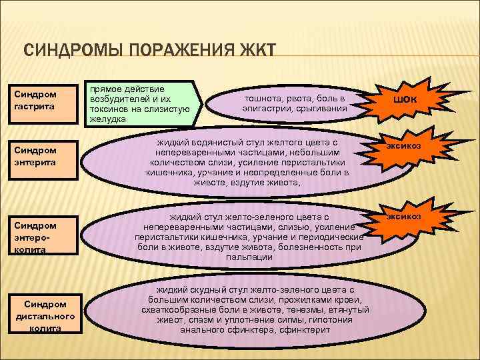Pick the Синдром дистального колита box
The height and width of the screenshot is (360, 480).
(x=48, y=313)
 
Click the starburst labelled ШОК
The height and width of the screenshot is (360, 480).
(x=408, y=99)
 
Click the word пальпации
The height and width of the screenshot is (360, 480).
(x=248, y=257)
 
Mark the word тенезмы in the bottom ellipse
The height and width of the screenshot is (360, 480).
(x=297, y=310)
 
